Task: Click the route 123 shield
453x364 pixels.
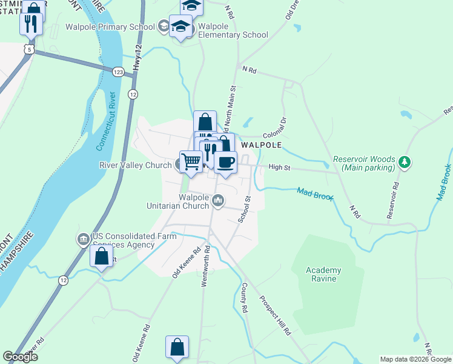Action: pos(119,72)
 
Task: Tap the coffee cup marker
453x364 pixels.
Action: pos(225,163)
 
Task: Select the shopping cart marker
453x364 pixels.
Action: pos(191,162)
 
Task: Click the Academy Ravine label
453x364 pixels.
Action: pos(328,275)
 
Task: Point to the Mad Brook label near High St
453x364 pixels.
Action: pos(315,195)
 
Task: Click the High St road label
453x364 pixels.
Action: pos(280,167)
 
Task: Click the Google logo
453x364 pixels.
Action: pos(21,356)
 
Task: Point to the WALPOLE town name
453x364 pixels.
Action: pos(262,146)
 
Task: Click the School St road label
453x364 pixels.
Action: pos(245,209)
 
